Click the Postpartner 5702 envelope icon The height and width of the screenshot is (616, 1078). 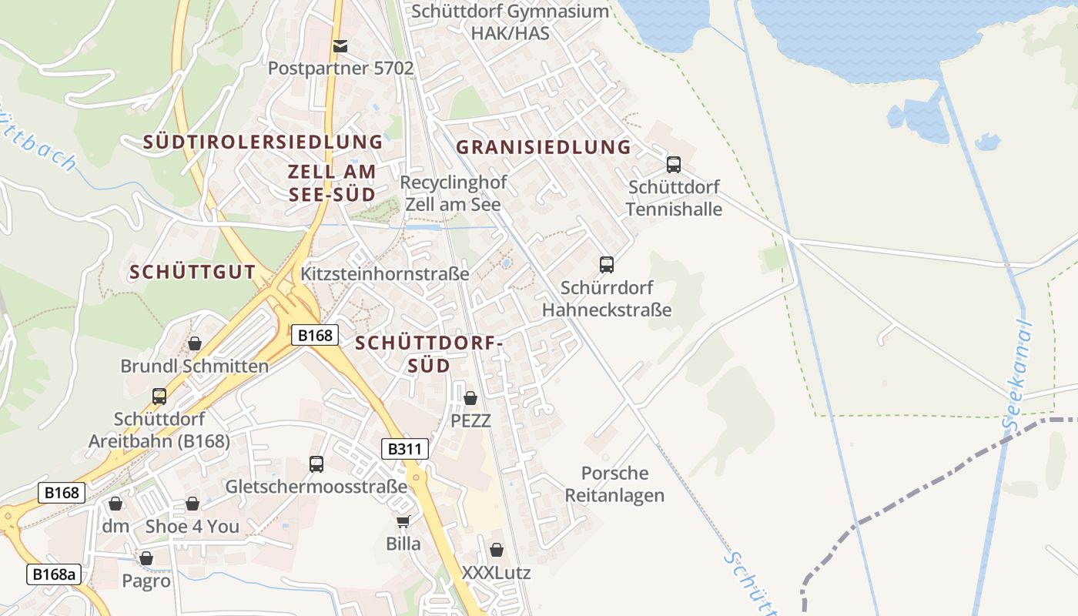tap(340, 46)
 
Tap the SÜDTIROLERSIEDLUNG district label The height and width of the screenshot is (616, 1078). tap(263, 142)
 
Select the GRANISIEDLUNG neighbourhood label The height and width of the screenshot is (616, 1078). tap(543, 147)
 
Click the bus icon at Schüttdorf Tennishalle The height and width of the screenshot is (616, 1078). tap(674, 164)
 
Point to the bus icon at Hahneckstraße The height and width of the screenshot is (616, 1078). tap(607, 265)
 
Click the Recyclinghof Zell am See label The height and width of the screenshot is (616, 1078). tap(453, 193)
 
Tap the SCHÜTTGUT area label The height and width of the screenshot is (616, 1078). tap(192, 272)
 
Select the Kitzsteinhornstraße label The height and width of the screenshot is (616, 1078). tap(384, 273)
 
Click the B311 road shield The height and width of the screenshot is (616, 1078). tap(404, 449)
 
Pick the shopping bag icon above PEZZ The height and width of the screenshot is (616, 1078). tap(470, 398)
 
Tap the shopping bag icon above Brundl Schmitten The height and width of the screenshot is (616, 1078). tap(195, 343)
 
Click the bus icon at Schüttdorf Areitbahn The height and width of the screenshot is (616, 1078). tap(159, 397)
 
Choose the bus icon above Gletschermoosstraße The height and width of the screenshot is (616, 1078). tap(316, 464)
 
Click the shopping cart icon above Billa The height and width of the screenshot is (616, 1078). tap(403, 521)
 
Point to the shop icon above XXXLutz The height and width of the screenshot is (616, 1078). tap(497, 550)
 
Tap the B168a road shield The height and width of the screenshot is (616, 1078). tap(54, 574)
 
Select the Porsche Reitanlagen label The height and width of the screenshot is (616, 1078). tap(614, 484)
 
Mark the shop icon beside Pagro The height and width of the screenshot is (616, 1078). tap(146, 558)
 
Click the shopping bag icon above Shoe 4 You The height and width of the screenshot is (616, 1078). tap(192, 504)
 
